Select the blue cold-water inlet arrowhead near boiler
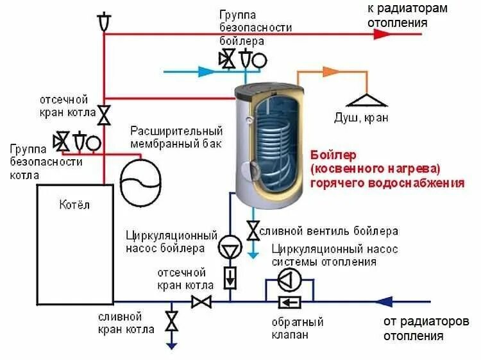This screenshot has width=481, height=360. click(x=207, y=71)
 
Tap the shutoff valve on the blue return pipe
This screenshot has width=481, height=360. click(x=203, y=301)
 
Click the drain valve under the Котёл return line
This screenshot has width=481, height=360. click(x=171, y=320)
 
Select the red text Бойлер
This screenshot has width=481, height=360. click(x=332, y=155)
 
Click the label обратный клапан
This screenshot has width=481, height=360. click(x=296, y=328)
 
